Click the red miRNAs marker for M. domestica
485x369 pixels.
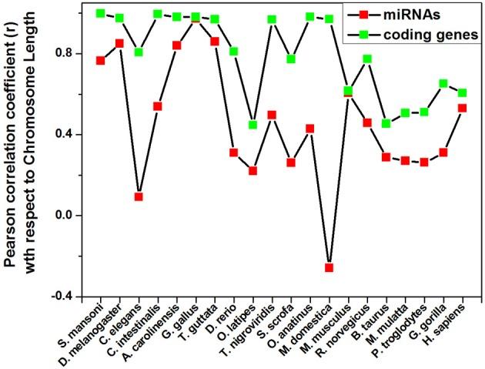point(329,267)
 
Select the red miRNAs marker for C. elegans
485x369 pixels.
point(139,196)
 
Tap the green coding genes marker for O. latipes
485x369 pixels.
point(253,125)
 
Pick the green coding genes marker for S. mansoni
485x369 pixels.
point(100,14)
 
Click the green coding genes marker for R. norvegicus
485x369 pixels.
point(367,59)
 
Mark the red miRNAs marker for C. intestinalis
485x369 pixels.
point(158,106)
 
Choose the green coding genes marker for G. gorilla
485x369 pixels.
point(443,83)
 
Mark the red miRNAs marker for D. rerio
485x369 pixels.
point(234,153)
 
